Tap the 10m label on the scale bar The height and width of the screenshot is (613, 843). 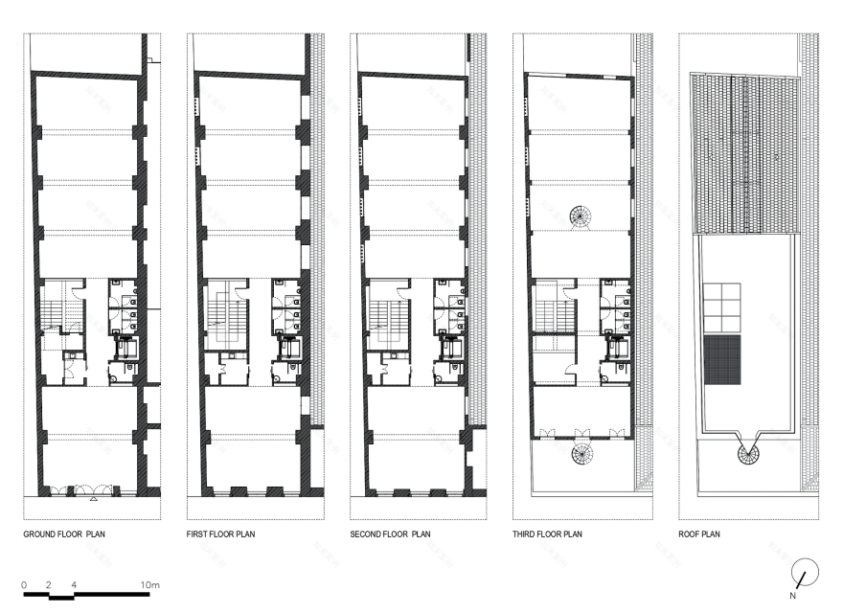tap(149, 583)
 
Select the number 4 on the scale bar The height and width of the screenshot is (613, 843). tap(73, 583)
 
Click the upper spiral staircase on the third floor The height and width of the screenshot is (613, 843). tap(581, 217)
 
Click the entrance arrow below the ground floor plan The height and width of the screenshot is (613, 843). tap(93, 500)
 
